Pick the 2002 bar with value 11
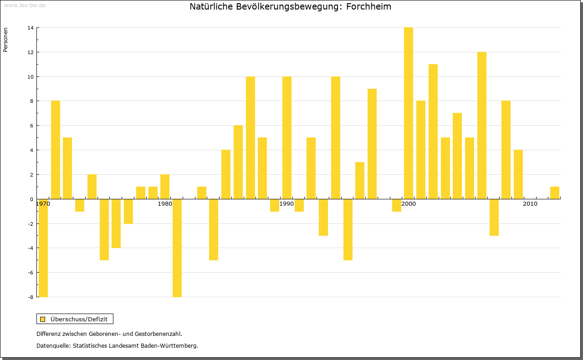[433, 132]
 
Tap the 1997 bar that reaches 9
[372, 144]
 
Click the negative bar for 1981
[177, 248]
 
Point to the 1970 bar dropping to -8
[43, 248]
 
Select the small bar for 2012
[555, 193]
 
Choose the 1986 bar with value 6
[238, 162]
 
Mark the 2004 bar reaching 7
[457, 156]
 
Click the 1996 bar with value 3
[360, 180]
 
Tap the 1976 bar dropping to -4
[116, 223]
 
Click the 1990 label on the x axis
[286, 204]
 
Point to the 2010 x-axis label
[530, 204]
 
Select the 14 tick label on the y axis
[30, 28]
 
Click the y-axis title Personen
[5, 40]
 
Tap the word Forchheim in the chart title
[368, 7]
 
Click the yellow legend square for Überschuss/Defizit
[43, 319]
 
